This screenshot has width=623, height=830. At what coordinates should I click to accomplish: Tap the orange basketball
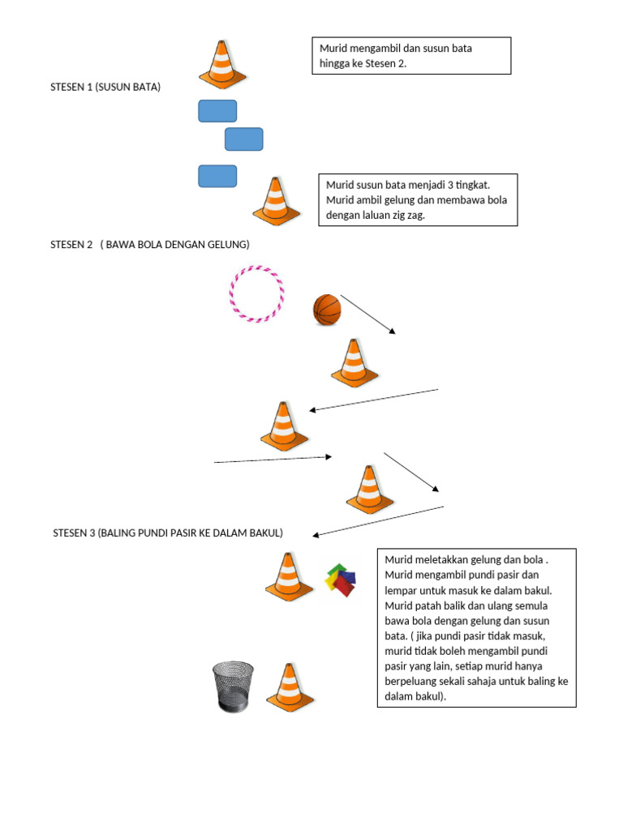click(327, 310)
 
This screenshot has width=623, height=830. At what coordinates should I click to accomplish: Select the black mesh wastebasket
click(233, 687)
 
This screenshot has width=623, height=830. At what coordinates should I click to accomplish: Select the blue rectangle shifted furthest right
click(244, 139)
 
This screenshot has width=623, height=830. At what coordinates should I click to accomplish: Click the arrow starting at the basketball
click(367, 314)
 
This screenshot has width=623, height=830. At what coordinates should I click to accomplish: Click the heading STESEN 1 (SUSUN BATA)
click(105, 87)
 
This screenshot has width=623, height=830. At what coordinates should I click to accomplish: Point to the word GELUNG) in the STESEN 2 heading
click(228, 245)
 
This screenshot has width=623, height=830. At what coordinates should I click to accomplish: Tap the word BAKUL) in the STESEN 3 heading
click(264, 533)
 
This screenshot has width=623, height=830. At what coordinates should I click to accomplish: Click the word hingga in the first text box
click(336, 63)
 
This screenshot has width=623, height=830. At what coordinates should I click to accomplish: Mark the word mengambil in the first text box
click(376, 49)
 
